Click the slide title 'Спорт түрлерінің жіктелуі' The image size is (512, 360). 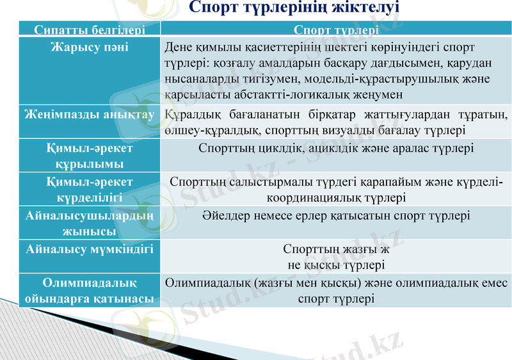click(x=294, y=8)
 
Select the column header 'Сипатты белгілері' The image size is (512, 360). click(x=90, y=30)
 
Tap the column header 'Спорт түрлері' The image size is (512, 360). click(x=335, y=30)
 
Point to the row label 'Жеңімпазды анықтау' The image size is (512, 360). click(x=90, y=115)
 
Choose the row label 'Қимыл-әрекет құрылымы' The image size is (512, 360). click(x=90, y=156)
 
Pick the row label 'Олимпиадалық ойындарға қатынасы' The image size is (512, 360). click(x=90, y=290)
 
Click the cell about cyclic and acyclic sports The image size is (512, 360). click(x=335, y=149)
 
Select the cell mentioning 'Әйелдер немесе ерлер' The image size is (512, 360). click(x=335, y=216)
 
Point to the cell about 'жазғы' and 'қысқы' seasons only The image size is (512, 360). click(x=335, y=256)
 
